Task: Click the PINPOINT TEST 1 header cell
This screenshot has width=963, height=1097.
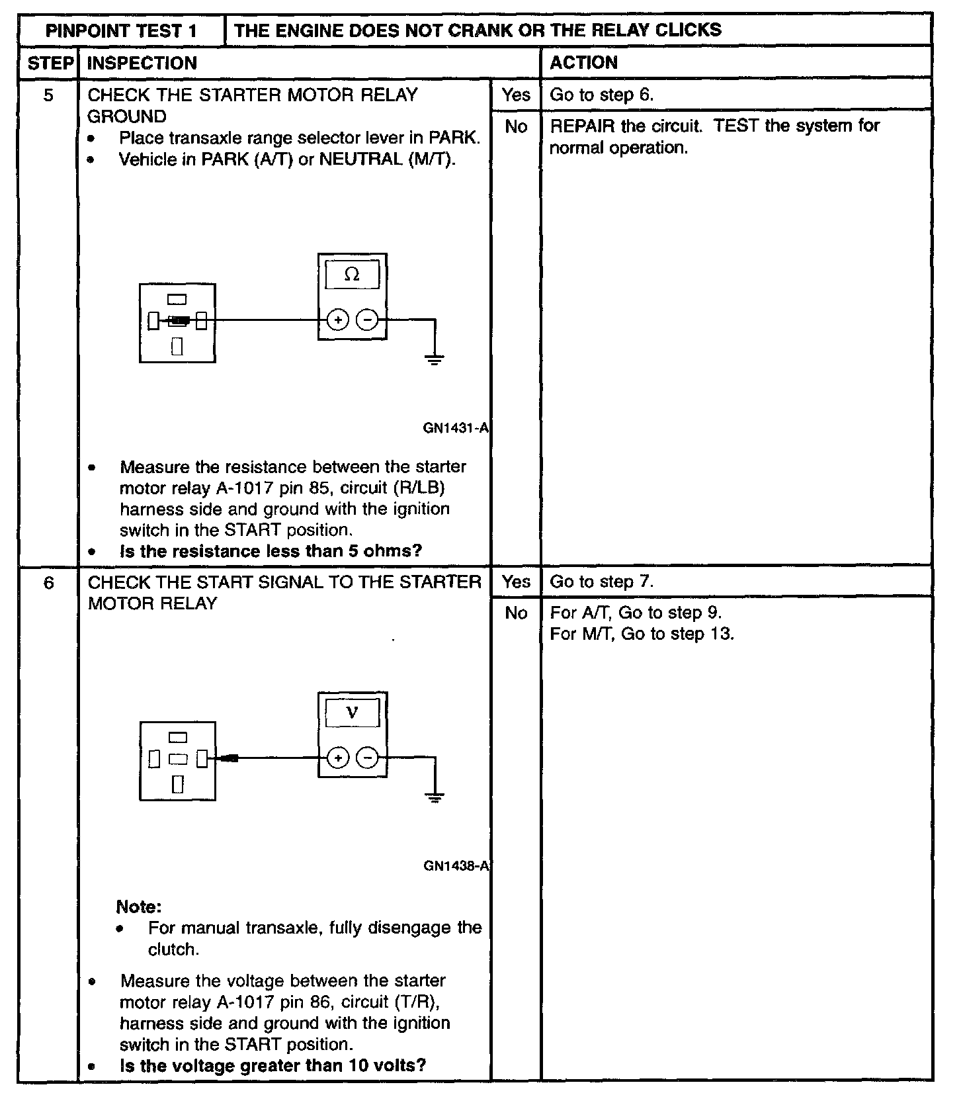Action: [122, 30]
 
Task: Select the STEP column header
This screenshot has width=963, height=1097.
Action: [50, 63]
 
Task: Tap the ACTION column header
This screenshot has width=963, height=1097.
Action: [583, 63]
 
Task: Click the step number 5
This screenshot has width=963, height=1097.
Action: [48, 95]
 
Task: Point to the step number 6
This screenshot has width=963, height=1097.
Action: [48, 583]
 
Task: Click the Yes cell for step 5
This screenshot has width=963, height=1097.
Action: [516, 95]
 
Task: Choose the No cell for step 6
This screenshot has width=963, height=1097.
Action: [516, 613]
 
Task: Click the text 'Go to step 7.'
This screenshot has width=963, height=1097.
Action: [601, 582]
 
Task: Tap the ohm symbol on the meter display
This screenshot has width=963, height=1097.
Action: [352, 275]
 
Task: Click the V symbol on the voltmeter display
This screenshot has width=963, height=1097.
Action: [352, 713]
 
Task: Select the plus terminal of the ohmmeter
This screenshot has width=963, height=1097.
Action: [338, 321]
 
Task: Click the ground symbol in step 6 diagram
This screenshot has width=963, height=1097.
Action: [435, 797]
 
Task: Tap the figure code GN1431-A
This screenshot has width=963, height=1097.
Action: [455, 428]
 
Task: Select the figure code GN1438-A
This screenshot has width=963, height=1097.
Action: [456, 866]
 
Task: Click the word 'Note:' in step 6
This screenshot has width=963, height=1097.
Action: [139, 906]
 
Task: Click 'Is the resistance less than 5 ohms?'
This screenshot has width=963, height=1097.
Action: [271, 551]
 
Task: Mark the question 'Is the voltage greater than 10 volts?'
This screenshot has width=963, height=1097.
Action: [272, 1066]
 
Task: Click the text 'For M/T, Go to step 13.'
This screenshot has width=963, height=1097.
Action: [642, 635]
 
